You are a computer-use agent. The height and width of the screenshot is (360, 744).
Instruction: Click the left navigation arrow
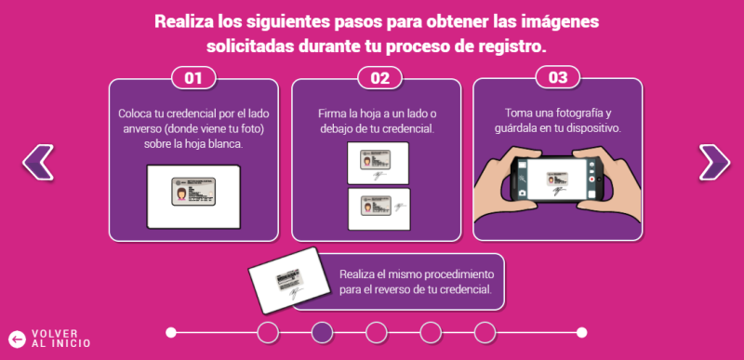coord(38,162)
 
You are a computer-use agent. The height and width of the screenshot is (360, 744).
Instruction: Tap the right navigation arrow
coord(713,162)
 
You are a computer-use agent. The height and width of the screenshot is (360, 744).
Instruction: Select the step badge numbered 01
coord(193,78)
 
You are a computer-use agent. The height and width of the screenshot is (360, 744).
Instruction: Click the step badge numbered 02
coord(379,78)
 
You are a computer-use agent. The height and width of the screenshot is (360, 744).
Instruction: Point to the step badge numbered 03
coord(558,78)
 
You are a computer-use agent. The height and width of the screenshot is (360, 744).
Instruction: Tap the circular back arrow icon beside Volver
coord(16,339)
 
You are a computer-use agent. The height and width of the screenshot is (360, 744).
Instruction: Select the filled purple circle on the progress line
coord(322,332)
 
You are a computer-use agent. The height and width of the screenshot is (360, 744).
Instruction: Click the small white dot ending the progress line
coord(581,332)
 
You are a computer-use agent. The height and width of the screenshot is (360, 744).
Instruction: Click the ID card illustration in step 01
coord(193,194)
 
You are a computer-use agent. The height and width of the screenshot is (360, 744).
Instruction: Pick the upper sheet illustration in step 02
coord(378,164)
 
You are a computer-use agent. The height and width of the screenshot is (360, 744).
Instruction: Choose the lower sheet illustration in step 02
coord(378,209)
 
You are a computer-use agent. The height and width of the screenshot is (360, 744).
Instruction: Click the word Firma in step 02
coord(334,113)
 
